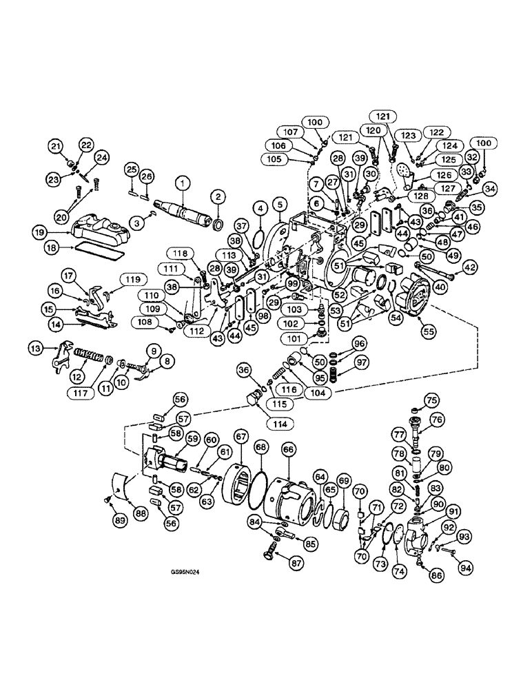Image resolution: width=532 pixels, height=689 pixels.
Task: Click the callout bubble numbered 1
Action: coord(183,183)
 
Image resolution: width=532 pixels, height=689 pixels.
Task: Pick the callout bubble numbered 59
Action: coord(192,438)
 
